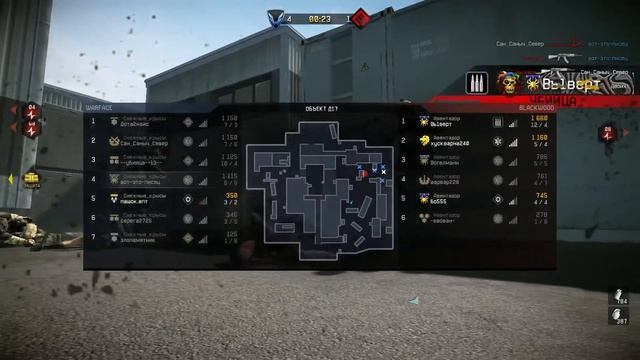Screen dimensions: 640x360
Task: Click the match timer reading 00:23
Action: [x=319, y=17]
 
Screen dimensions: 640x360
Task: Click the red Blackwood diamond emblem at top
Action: [x=361, y=17]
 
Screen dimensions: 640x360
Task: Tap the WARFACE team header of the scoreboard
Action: [x=99, y=107]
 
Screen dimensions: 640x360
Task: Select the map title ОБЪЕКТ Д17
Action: [x=320, y=107]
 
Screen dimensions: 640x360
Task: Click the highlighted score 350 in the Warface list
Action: [x=229, y=196]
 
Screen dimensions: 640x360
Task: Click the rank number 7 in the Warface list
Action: [x=93, y=237]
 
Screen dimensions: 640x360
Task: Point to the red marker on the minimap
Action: [x=364, y=172]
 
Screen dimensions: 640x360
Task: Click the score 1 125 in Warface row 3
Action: [x=229, y=157]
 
